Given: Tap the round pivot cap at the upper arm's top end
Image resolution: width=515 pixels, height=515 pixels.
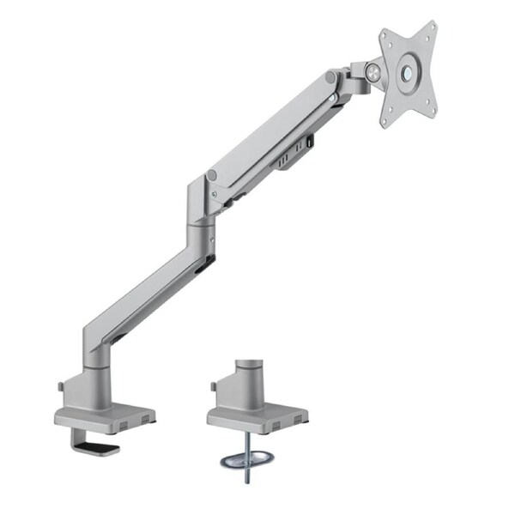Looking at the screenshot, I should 330,78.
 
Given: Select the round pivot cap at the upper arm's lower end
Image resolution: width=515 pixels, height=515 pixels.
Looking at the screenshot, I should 211,176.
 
